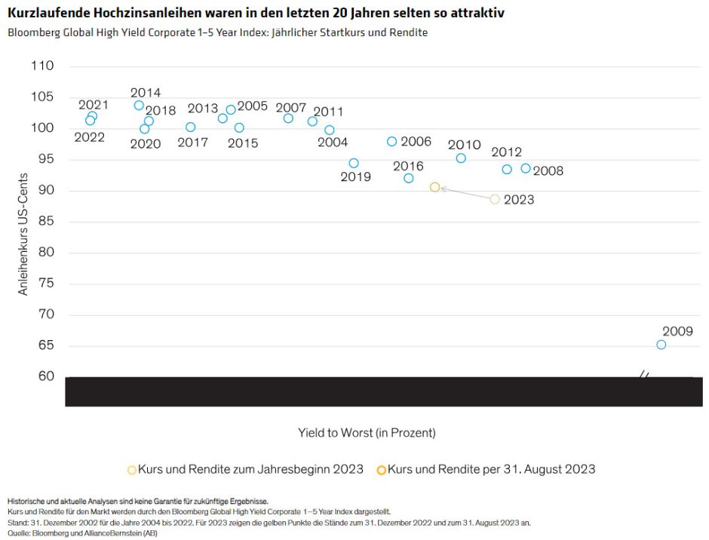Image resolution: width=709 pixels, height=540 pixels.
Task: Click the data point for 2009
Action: (x=661, y=345)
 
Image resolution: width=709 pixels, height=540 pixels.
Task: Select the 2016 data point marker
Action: (x=409, y=179)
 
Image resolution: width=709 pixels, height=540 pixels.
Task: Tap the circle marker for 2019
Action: (x=354, y=163)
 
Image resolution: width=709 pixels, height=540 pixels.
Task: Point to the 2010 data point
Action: (x=461, y=158)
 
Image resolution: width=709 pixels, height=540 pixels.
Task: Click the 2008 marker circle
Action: (x=526, y=169)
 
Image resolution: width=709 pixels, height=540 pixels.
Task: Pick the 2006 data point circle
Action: (x=391, y=142)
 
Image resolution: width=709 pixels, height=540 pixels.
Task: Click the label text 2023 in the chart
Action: (x=518, y=200)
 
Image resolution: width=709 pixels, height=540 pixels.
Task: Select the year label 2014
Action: (x=146, y=93)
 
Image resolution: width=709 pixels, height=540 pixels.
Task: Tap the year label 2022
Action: (x=89, y=137)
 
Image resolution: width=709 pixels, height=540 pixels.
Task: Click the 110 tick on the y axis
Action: (x=43, y=66)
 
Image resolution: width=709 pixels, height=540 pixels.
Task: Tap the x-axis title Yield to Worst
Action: (x=367, y=433)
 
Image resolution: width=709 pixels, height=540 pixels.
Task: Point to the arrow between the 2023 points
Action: (x=465, y=194)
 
